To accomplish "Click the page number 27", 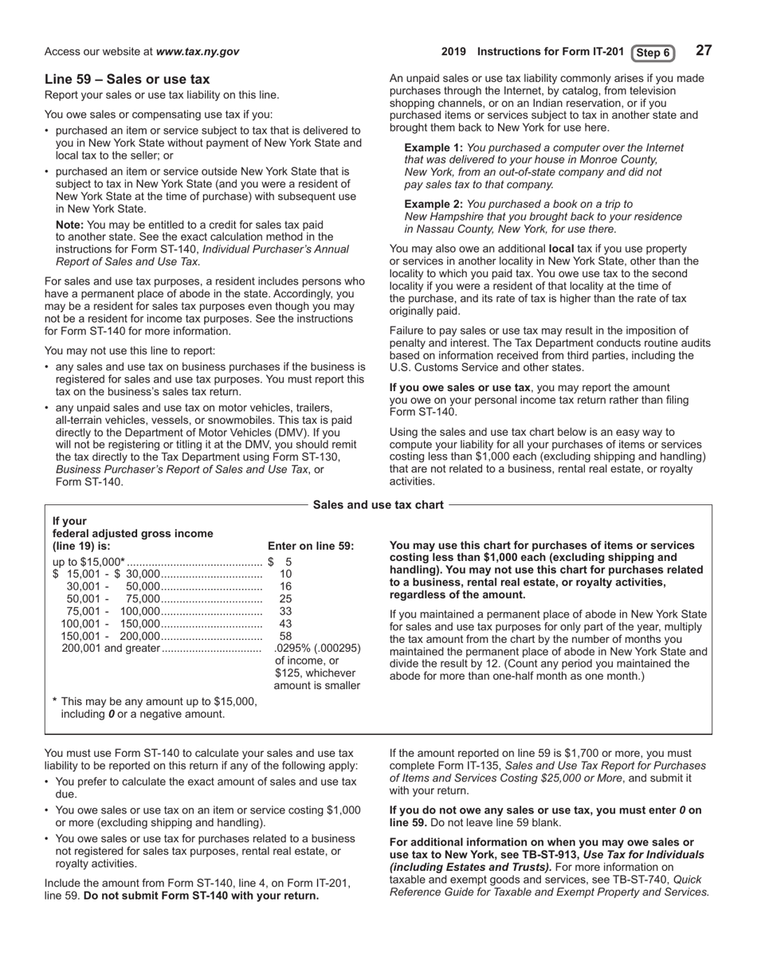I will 703,51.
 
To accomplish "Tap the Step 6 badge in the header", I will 653,53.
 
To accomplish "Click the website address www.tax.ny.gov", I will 198,52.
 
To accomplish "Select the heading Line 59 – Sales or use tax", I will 127,79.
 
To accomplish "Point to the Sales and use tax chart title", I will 378,504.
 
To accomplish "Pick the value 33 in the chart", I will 286,611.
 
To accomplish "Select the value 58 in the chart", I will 286,636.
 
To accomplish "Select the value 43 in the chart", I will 286,623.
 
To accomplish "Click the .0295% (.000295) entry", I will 317,649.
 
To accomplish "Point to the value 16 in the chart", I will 286,586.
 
